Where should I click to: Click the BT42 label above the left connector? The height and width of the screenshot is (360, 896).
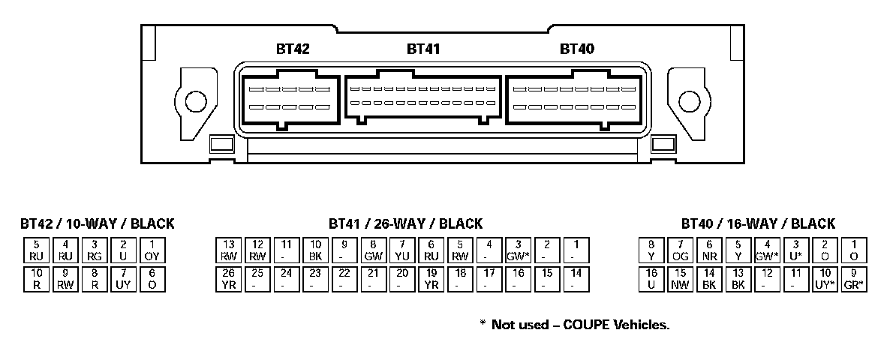pos(293,49)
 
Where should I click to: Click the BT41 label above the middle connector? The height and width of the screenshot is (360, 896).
pos(423,49)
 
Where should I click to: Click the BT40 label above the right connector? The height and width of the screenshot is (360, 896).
pos(577,49)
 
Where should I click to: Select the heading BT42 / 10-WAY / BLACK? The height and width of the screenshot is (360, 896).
pos(98,223)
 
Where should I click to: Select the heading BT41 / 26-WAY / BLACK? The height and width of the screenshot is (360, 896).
pos(405,223)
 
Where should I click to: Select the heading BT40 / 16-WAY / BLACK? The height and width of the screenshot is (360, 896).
pos(758,223)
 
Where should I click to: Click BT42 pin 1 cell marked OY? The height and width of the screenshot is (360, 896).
pos(152,250)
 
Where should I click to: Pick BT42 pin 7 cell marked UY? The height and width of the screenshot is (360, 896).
pos(122,279)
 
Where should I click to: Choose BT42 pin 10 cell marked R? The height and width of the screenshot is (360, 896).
pos(36,279)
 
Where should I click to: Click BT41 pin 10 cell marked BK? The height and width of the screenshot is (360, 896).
pos(315,250)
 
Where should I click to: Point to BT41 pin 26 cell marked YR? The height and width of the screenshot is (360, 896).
pos(229,279)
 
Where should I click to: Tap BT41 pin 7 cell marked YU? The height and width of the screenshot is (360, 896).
pos(401,250)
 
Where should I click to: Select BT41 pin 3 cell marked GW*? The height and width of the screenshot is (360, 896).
pos(517,250)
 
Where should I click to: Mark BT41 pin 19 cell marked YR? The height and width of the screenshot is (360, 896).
pos(431,279)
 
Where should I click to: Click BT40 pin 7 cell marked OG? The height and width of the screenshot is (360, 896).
pos(680,250)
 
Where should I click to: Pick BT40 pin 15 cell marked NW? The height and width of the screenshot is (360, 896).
pos(680,279)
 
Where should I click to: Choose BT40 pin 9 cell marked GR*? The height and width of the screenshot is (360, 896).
pos(853,279)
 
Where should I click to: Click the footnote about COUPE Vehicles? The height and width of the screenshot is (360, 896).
pos(574,325)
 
